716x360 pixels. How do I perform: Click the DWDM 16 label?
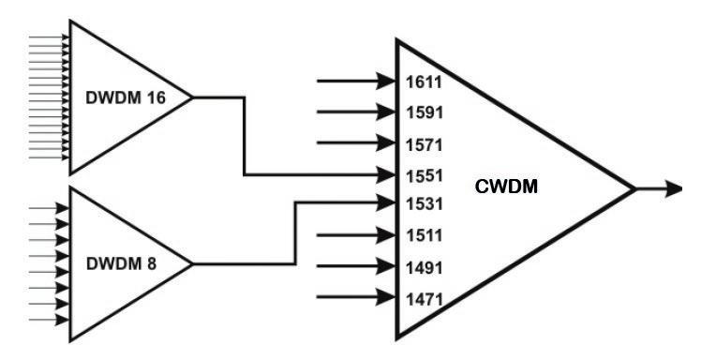click(126, 97)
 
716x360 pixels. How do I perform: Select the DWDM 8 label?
click(121, 264)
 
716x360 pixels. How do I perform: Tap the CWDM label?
click(506, 187)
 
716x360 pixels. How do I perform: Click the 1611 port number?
click(425, 82)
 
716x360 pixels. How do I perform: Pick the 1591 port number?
click(425, 112)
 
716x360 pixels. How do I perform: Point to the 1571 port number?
click(425, 144)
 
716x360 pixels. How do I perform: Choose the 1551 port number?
click(425, 176)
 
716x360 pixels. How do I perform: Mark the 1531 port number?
click(425, 203)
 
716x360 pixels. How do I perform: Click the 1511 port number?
click(425, 235)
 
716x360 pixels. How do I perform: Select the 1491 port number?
click(425, 268)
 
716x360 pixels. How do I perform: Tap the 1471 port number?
click(425, 300)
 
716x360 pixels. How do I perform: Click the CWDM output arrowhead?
click(674, 188)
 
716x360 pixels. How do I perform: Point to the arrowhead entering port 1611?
click(386, 81)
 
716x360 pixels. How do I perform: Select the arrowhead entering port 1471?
click(386, 297)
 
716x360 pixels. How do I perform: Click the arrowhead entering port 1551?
click(386, 174)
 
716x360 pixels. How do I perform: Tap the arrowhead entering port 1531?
click(386, 202)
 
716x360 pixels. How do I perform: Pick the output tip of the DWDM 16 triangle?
click(192, 97)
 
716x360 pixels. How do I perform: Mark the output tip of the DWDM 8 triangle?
click(192, 264)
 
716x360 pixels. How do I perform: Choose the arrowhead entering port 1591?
click(386, 112)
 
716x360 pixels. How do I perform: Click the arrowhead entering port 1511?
click(386, 234)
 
